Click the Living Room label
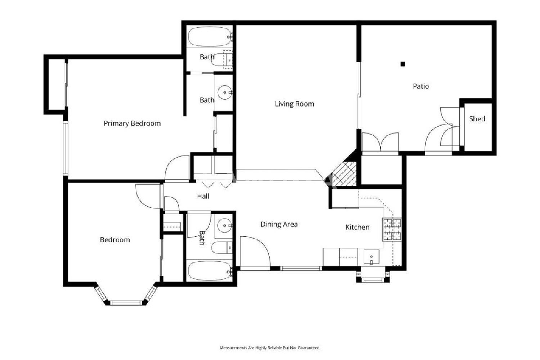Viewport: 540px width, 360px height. coord(294,104)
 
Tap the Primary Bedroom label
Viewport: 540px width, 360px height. coord(132,123)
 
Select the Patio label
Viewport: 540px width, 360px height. coord(421,86)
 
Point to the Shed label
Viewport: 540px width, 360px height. coord(477,119)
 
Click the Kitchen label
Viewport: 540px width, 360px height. coord(357,227)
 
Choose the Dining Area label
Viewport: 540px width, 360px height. coord(279,225)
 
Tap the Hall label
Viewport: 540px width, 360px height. coord(203,196)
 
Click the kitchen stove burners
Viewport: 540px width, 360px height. coord(392,229)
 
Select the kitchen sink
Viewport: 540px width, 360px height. coord(372,257)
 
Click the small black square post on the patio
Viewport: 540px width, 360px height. coord(403,64)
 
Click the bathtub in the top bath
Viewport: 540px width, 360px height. coord(210,37)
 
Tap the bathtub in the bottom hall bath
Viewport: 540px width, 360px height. coord(210,271)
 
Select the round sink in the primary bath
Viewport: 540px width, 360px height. coord(225,93)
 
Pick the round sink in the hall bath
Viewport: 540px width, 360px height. coord(225,225)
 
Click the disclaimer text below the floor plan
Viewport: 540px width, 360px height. coord(270,348)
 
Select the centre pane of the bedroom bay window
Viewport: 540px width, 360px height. coord(126,303)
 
